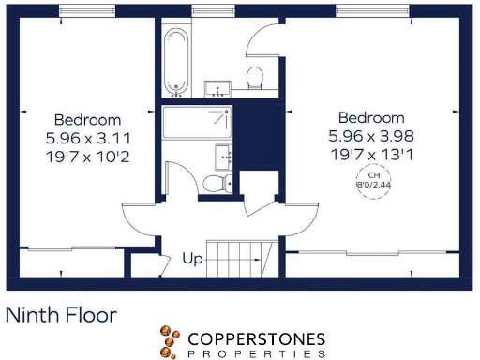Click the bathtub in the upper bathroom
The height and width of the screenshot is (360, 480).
pos(175,60)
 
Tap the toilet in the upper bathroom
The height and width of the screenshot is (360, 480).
pos(253,76)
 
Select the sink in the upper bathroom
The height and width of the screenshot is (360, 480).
pos(218,89)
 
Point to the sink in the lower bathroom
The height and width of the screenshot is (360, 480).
pos(224,155)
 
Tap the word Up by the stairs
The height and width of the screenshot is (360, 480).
pos(192,258)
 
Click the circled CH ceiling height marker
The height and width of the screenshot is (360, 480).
pos(373,180)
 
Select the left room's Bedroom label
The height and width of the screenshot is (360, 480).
pos(87,120)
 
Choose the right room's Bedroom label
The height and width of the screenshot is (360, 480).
pos(371,118)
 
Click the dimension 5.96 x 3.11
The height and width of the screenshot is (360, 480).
pos(87,138)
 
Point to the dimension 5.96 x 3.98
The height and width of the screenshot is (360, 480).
pos(371,136)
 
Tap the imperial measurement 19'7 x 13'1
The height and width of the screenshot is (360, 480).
pos(371,154)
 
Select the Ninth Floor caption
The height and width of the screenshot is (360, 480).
pos(62,314)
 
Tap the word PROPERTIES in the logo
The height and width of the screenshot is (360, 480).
pos(255,354)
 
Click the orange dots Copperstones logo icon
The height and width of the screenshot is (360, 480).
pos(169,341)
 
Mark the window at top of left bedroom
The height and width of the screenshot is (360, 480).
pos(87,9)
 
